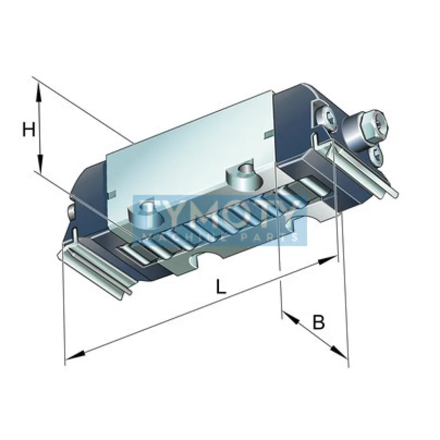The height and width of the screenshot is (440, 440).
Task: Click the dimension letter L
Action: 220,287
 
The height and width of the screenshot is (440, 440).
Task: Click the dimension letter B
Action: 318,322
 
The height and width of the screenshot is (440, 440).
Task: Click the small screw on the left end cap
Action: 70,212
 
